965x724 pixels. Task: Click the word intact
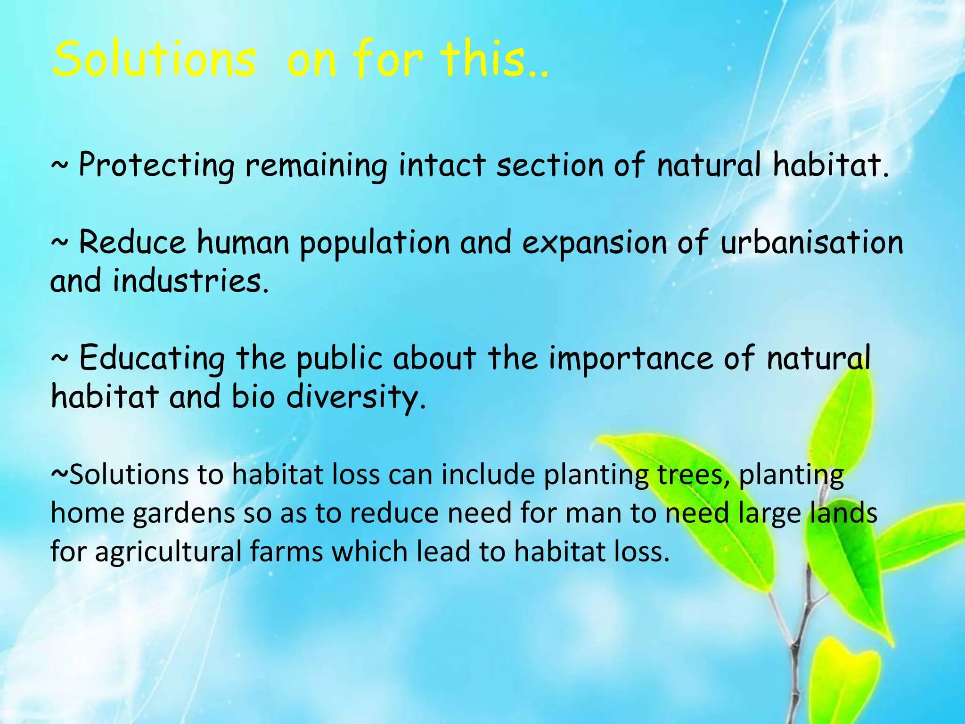pos(442,165)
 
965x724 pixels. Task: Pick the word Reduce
pos(132,242)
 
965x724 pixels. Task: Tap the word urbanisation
pos(811,242)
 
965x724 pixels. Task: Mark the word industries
pos(190,281)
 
